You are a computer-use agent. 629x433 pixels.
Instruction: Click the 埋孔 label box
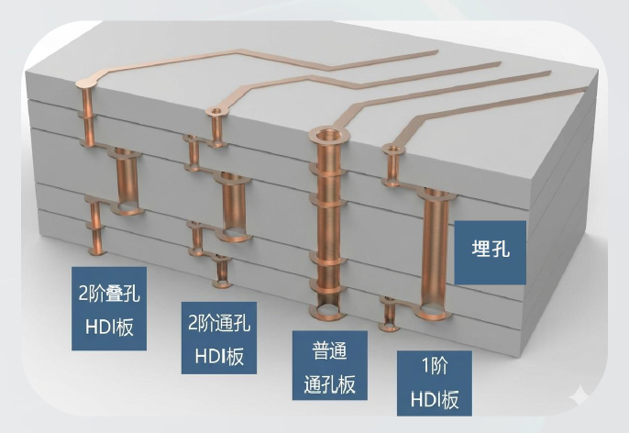490,252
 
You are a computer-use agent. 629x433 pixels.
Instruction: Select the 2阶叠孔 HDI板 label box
109,308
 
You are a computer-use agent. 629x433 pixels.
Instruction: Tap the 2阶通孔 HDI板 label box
219,338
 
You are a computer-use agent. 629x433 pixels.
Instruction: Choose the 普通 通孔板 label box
330,365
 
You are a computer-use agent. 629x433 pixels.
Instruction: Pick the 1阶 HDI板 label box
435,383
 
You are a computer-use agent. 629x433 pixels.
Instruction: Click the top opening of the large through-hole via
329,134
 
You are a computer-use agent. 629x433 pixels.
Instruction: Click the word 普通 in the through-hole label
329,350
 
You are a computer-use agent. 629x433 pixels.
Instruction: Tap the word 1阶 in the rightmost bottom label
435,366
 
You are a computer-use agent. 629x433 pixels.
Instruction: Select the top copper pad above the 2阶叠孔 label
86,83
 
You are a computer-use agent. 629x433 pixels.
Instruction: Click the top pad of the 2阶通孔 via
216,111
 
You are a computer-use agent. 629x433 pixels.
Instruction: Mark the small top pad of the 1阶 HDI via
392,150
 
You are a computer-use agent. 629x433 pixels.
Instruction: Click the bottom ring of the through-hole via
328,311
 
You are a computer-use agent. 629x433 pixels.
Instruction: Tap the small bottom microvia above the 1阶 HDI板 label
389,315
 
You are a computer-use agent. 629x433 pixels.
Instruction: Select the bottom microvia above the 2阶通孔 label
222,272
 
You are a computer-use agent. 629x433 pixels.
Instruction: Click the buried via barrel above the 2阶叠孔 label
127,181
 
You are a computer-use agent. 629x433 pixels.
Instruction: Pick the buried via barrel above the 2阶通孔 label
233,205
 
